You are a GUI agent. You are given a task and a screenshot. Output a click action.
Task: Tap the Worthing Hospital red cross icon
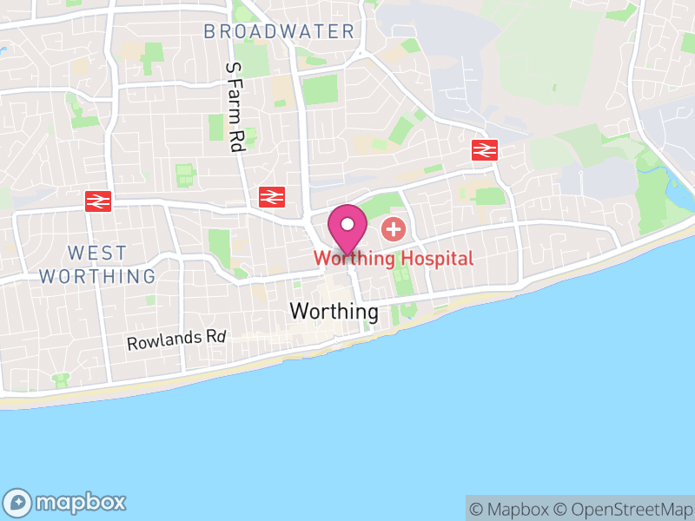[394, 230]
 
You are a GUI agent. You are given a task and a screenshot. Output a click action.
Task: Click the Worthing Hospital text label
[394, 258]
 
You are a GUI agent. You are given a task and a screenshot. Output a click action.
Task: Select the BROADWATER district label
[279, 32]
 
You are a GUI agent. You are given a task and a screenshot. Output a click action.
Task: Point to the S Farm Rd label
[233, 108]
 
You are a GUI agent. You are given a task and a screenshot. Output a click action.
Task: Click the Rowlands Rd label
[176, 340]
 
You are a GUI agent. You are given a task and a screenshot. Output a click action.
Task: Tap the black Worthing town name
[334, 311]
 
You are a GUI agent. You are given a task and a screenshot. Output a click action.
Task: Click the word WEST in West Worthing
[97, 254]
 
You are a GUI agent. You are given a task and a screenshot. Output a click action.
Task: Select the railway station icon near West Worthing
[98, 201]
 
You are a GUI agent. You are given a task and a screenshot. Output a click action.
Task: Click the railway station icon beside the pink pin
[272, 197]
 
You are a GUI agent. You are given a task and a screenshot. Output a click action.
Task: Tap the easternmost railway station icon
[484, 150]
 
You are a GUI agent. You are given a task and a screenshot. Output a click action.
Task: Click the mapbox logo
[66, 502]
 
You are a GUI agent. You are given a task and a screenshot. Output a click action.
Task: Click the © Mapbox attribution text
[510, 509]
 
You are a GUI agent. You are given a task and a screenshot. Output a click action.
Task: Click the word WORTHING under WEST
[97, 277]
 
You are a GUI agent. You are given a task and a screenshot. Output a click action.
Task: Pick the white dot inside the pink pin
[347, 223]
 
